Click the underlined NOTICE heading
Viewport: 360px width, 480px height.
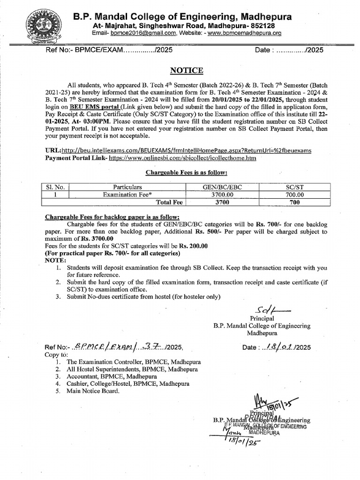click(186, 70)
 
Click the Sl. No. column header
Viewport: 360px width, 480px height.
click(55, 187)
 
